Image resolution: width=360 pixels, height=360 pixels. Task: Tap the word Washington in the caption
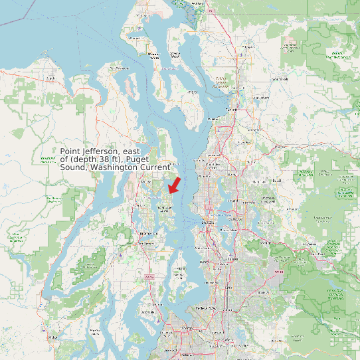115,167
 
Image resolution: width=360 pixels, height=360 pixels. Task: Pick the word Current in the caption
155,167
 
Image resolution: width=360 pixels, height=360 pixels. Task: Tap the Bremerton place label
147,233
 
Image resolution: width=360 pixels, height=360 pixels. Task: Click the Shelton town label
53,337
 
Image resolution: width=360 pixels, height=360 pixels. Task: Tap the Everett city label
232,109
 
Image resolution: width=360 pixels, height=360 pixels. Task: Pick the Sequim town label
50,78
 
